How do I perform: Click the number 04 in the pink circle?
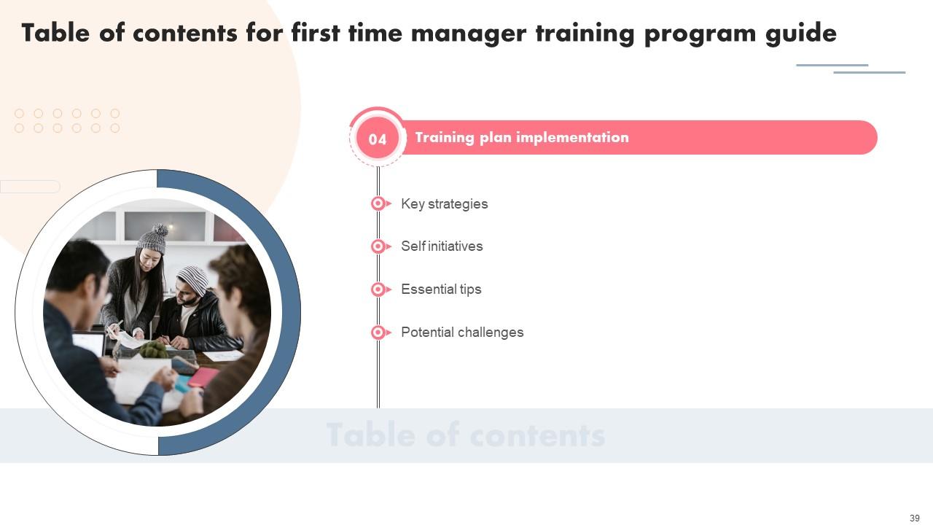[x=378, y=139]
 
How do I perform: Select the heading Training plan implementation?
[x=522, y=138]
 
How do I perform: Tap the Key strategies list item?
[x=444, y=203]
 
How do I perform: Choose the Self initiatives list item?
[x=442, y=246]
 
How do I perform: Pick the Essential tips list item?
[x=441, y=289]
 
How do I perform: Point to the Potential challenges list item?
[x=462, y=332]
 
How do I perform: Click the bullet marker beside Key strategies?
[x=380, y=203]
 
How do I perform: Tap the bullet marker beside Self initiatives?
[x=380, y=246]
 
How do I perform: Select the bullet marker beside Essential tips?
[x=380, y=289]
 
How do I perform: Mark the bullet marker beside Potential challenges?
[x=380, y=332]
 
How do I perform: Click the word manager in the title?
[x=469, y=34]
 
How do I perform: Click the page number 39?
[x=914, y=518]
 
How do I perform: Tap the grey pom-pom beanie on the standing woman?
[x=153, y=239]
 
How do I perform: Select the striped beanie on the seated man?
[x=194, y=279]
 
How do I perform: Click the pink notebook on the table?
[x=203, y=377]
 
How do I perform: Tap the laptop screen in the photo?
[x=88, y=343]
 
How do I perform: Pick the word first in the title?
[x=316, y=33]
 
